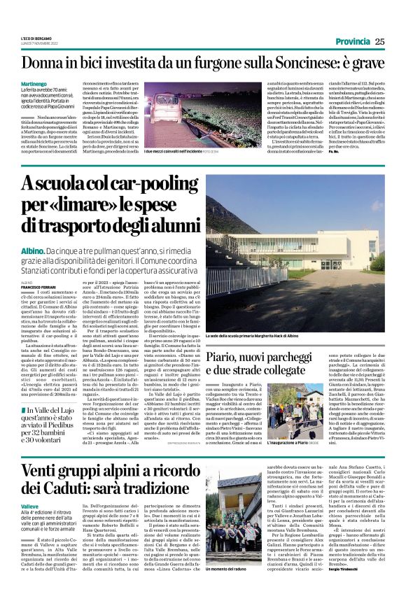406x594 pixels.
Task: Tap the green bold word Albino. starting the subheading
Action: pyautogui.click(x=31, y=250)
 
